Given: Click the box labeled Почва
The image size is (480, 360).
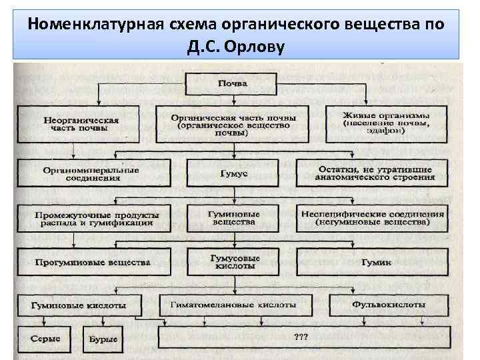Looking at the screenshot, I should click(x=232, y=85).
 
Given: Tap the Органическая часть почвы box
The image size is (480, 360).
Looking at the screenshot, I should click(x=232, y=124).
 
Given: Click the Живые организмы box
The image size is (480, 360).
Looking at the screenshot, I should click(x=386, y=124).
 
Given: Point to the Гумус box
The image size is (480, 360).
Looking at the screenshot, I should click(x=232, y=173).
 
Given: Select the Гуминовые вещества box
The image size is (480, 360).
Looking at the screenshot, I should click(x=233, y=217).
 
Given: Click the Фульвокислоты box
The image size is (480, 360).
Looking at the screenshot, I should click(x=387, y=304).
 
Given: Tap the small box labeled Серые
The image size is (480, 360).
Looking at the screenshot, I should click(x=45, y=339).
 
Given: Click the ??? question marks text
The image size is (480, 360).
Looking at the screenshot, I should click(x=301, y=337).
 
